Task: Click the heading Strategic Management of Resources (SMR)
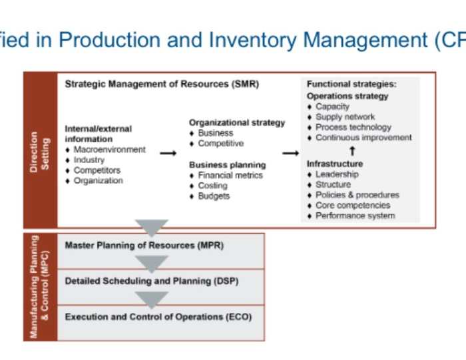(162, 85)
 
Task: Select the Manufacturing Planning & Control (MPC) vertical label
(40, 286)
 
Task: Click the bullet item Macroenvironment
(109, 150)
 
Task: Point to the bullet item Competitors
(97, 170)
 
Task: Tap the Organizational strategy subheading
(236, 122)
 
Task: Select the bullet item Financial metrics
(230, 175)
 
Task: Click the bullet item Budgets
(214, 196)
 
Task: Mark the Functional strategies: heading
(351, 85)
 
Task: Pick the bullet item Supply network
(345, 116)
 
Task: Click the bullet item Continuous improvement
(363, 138)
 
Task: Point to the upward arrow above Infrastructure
(352, 151)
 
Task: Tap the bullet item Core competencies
(353, 206)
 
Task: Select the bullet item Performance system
(355, 216)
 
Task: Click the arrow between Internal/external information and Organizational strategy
(168, 153)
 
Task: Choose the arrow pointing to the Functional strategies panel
(290, 153)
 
